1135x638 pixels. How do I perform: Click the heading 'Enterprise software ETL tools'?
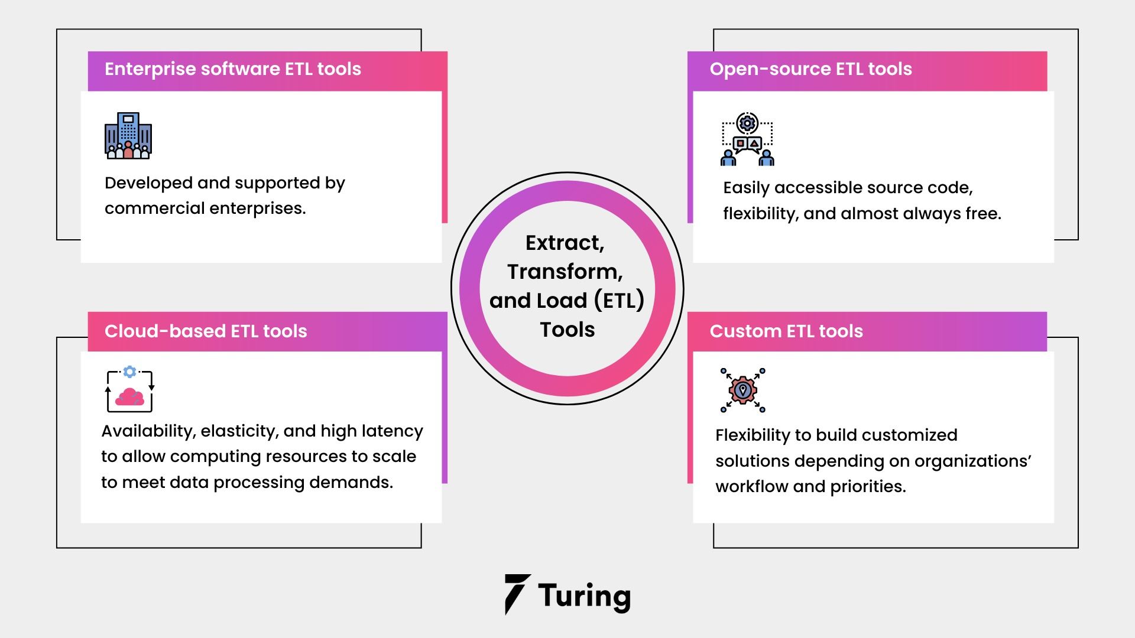click(x=232, y=69)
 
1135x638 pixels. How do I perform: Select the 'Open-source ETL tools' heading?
click(x=810, y=69)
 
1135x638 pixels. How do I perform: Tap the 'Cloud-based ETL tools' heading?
click(x=206, y=331)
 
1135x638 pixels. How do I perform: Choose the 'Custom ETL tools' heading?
click(x=786, y=331)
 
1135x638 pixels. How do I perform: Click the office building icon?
click(x=128, y=136)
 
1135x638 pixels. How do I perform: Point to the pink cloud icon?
click(x=130, y=396)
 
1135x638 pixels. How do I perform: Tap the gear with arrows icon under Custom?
click(x=743, y=390)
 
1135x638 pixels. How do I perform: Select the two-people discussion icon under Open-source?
click(x=747, y=139)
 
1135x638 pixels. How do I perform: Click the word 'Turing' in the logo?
click(x=584, y=595)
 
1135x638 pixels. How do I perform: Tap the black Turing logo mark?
click(x=516, y=594)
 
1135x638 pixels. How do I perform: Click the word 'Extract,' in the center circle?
click(x=565, y=243)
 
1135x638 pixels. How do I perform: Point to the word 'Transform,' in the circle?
click(x=565, y=272)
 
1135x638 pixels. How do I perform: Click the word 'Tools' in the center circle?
click(x=567, y=330)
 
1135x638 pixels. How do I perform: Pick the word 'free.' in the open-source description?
click(x=984, y=214)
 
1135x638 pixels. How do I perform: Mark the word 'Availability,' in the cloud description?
click(x=148, y=432)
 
